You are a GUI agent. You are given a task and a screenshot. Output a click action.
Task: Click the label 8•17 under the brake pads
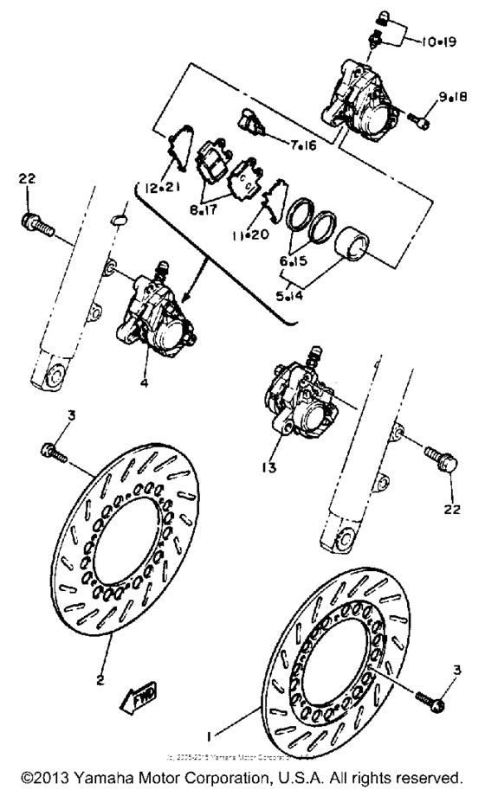[210, 209]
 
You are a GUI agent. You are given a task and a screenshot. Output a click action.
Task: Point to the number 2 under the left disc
[100, 680]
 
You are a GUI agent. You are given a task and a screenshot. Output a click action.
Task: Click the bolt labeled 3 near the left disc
[53, 451]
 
